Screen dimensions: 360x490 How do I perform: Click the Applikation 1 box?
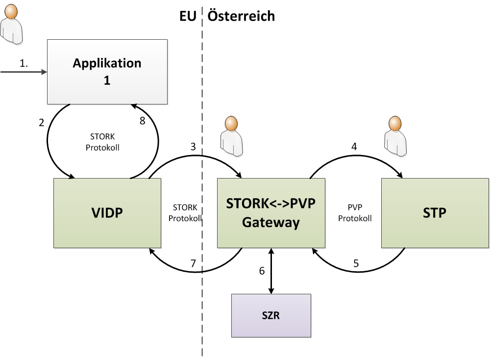pos(107,72)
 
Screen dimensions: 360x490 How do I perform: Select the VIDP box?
pos(107,212)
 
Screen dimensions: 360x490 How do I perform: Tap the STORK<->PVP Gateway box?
pos(271,212)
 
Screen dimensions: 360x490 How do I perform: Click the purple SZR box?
pos(271,315)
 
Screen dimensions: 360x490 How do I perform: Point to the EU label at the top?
pos(188,16)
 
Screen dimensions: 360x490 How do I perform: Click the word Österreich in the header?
pos(241,16)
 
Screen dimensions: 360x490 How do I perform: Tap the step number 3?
pos(193,147)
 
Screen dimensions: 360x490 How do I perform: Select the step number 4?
pos(354,146)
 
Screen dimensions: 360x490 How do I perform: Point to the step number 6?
pos(262,270)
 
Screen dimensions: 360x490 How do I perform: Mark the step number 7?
pos(193,263)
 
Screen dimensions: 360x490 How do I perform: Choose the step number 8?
pos(143,121)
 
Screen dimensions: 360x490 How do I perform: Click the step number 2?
pos(42,122)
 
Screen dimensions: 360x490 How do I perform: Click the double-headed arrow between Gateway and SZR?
pos(271,271)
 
